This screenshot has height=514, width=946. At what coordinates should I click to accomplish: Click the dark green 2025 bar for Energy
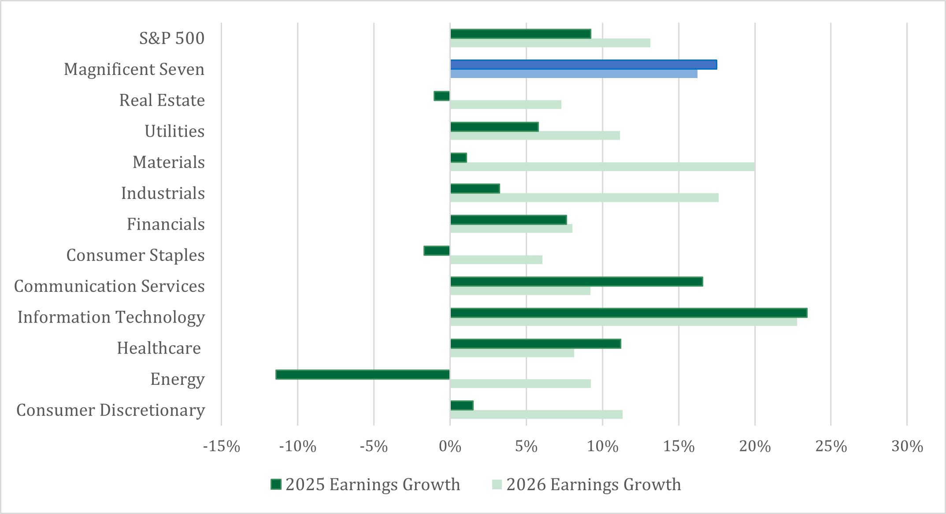pyautogui.click(x=363, y=375)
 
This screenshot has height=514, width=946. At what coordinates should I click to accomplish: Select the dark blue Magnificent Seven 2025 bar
pyautogui.click(x=583, y=65)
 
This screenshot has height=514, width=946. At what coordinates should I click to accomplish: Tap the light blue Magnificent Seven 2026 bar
pyautogui.click(x=574, y=74)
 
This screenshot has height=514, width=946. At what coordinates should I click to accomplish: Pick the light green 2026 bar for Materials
pyautogui.click(x=602, y=167)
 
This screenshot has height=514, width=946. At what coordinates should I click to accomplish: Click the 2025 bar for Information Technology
pyautogui.click(x=629, y=313)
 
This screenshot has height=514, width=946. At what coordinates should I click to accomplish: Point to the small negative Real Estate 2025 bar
pyautogui.click(x=441, y=96)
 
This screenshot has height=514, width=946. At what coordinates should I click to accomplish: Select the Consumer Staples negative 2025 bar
pyautogui.click(x=437, y=251)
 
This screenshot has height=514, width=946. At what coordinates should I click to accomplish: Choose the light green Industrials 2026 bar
pyautogui.click(x=584, y=198)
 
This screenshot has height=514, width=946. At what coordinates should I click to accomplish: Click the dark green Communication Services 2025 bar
pyautogui.click(x=576, y=282)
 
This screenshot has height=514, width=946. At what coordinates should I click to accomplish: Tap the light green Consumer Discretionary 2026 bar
pyautogui.click(x=536, y=414)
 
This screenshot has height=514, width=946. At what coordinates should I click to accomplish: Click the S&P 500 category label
pyautogui.click(x=172, y=38)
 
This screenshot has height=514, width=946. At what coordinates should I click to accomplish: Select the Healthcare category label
pyautogui.click(x=159, y=348)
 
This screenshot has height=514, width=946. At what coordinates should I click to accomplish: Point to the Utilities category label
pyautogui.click(x=174, y=131)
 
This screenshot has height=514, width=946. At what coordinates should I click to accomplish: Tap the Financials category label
pyautogui.click(x=166, y=224)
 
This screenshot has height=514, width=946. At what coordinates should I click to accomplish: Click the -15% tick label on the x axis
pyautogui.click(x=221, y=447)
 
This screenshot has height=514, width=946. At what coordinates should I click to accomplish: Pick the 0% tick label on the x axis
pyautogui.click(x=450, y=447)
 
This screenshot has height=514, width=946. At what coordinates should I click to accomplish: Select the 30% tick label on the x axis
pyautogui.click(x=907, y=447)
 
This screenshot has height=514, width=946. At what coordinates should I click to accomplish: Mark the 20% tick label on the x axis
pyautogui.click(x=755, y=447)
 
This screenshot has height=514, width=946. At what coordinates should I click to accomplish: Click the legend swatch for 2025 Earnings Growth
pyautogui.click(x=276, y=484)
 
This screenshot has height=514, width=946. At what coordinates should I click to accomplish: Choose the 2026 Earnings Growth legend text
pyautogui.click(x=594, y=484)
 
